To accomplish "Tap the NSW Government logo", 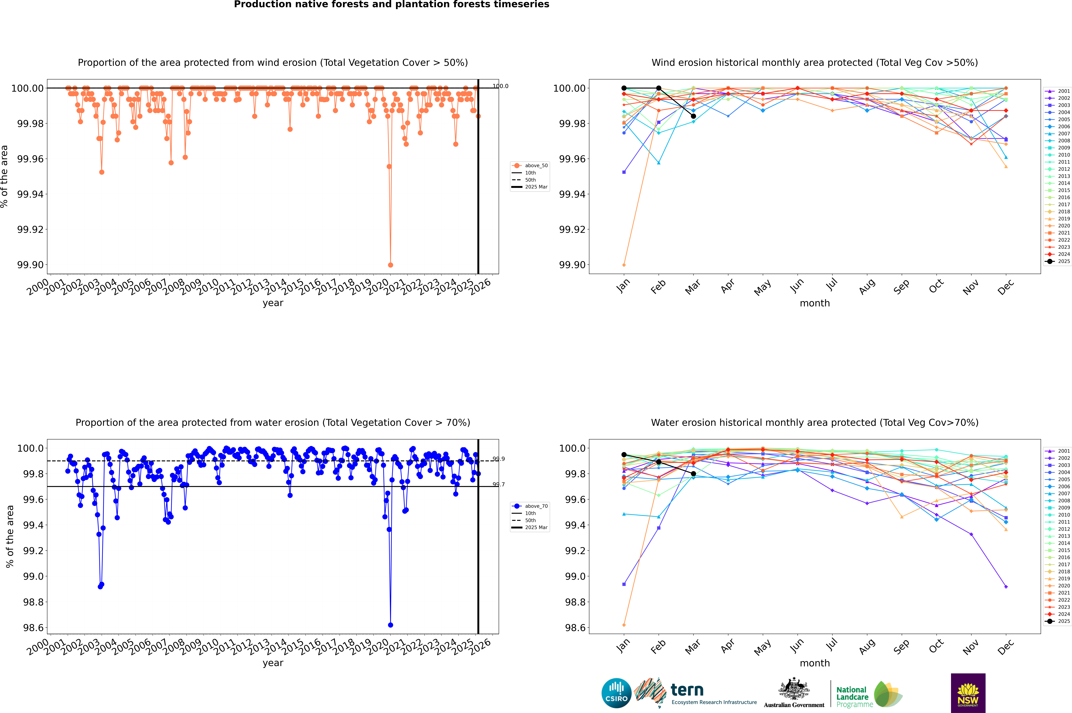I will [x=968, y=693].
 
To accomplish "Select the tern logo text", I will [x=687, y=690].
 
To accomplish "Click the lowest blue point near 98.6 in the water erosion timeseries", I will [x=390, y=625].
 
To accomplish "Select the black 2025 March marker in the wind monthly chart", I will [x=693, y=116].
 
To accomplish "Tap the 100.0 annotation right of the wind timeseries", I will [x=500, y=86].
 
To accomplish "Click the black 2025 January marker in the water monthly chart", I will [x=624, y=455].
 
